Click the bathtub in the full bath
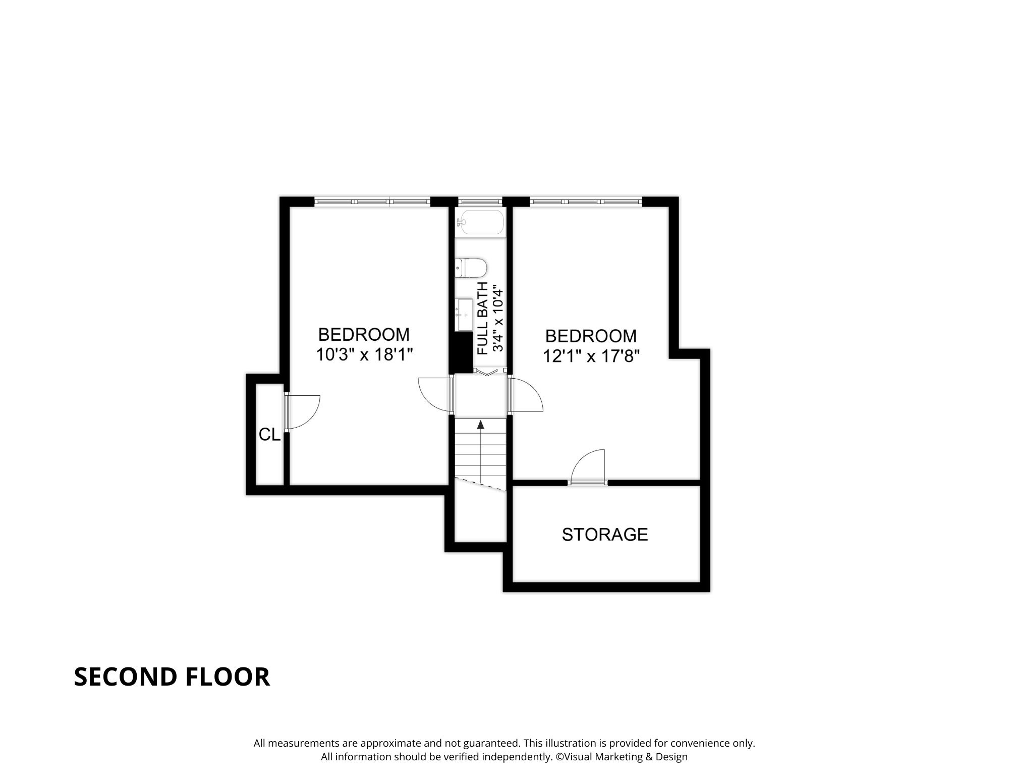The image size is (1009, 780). point(480,222)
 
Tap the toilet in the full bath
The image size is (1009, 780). point(471,268)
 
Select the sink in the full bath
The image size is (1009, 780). point(464,314)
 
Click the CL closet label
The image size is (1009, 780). point(269,434)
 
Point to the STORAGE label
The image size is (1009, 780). point(605,534)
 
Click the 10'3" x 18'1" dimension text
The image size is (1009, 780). point(365,355)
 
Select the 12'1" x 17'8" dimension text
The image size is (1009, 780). point(591,356)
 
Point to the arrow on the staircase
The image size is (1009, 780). point(480,452)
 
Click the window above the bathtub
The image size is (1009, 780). point(480,201)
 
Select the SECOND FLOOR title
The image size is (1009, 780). point(172,677)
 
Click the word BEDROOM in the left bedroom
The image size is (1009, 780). point(364,334)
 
